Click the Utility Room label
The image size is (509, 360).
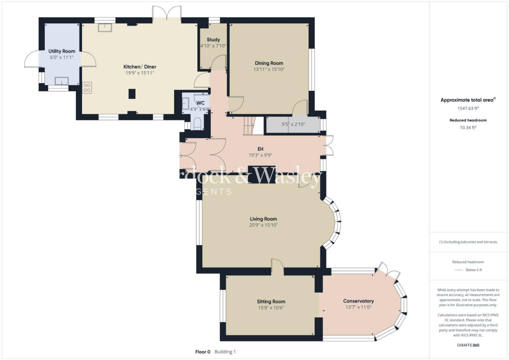(62, 51)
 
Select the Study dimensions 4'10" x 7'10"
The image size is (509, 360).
(213, 46)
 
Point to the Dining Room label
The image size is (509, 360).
(269, 63)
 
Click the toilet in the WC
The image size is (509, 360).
(196, 123)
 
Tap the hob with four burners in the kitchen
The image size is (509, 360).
(87, 88)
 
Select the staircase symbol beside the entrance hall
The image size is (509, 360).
(254, 126)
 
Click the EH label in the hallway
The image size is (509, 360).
(259, 149)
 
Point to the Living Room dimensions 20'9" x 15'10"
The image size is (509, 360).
(263, 225)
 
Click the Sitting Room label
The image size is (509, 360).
(271, 301)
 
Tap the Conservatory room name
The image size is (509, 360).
(358, 301)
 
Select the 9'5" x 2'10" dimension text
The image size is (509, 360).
(293, 125)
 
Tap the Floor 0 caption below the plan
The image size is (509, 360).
(203, 352)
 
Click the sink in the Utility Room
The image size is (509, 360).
(62, 81)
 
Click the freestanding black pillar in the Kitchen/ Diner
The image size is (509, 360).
(132, 93)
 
